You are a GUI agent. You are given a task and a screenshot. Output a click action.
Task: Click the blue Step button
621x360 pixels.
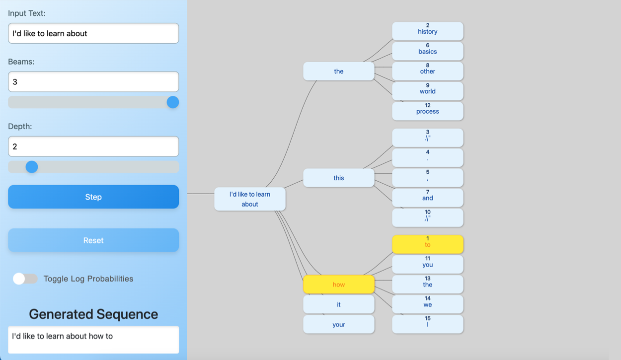point(93,197)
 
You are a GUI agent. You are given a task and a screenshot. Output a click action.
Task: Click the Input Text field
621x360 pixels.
point(93,33)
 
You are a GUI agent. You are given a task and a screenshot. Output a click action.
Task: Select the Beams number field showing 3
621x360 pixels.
point(93,82)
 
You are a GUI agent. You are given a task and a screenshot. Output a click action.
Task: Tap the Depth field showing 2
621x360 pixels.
point(93,146)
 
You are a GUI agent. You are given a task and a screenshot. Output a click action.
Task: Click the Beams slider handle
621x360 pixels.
point(173,102)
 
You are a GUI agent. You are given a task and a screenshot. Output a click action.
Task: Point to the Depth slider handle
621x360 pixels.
point(32,167)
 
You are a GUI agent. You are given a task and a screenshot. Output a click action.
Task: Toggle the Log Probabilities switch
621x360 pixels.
point(25,279)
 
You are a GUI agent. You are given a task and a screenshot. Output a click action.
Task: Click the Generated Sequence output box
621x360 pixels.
point(93,340)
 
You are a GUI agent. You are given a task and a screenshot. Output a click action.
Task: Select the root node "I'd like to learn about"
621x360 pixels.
point(250,199)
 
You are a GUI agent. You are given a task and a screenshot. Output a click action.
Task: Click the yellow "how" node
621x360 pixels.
point(339,285)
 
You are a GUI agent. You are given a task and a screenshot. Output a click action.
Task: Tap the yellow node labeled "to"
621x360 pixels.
point(427,244)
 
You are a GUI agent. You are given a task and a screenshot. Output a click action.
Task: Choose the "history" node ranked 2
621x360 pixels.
point(427,31)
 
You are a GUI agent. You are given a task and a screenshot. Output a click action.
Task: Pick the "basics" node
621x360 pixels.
point(427,51)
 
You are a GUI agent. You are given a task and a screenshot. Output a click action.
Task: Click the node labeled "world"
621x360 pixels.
point(427,91)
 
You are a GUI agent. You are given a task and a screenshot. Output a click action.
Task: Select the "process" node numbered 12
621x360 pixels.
point(427,111)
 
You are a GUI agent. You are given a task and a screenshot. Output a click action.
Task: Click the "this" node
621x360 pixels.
point(339,178)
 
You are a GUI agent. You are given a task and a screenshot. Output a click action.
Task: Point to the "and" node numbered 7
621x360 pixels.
point(427,198)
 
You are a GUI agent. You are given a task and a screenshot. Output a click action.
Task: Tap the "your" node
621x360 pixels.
point(339,324)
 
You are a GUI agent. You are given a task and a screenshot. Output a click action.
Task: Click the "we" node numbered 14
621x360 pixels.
point(427,304)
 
